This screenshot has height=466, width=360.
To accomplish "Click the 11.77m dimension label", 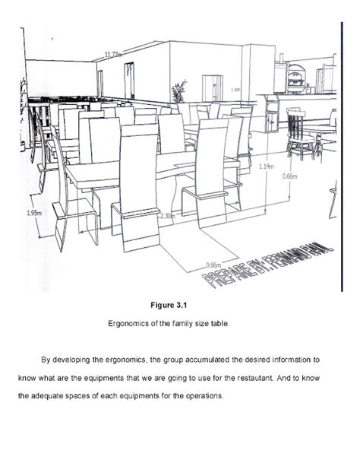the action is point(112,55).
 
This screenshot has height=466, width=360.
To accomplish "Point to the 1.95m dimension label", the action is point(33,214).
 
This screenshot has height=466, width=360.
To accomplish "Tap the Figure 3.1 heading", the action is point(180,306).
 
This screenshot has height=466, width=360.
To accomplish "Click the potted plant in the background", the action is point(179,93).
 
